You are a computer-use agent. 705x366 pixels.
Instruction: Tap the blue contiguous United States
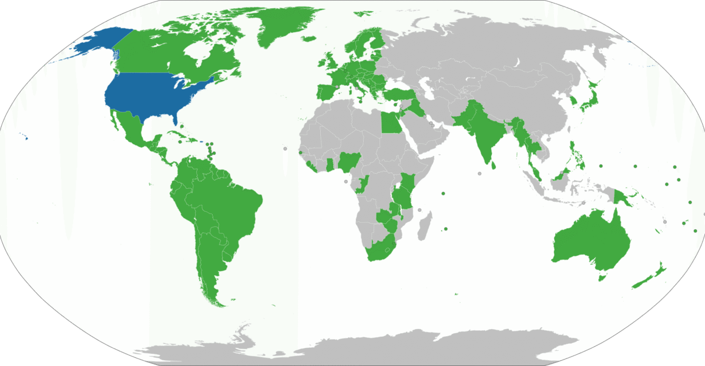(x=153, y=94)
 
